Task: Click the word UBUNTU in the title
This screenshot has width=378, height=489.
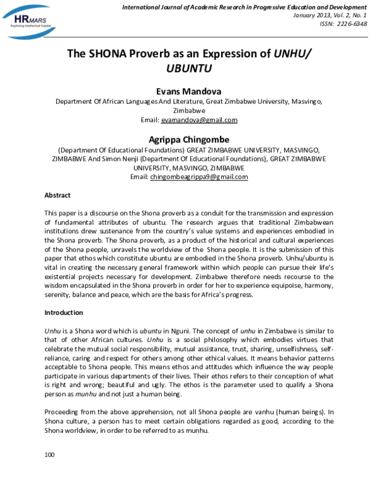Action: pyautogui.click(x=188, y=68)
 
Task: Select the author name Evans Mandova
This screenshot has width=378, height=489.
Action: pyautogui.click(x=189, y=91)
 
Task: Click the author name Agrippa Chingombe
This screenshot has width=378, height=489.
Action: pyautogui.click(x=189, y=139)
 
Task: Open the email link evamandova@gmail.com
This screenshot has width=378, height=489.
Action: pyautogui.click(x=198, y=120)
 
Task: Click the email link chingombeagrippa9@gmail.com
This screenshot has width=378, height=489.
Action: pyautogui.click(x=199, y=177)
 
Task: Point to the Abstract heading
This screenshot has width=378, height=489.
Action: pyautogui.click(x=57, y=195)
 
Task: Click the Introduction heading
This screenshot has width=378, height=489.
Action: pyautogui.click(x=64, y=313)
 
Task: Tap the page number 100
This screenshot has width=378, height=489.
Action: pyautogui.click(x=50, y=454)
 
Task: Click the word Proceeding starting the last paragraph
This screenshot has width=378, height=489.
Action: pyautogui.click(x=64, y=412)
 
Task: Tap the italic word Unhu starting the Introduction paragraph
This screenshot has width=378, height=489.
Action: pyautogui.click(x=52, y=330)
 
